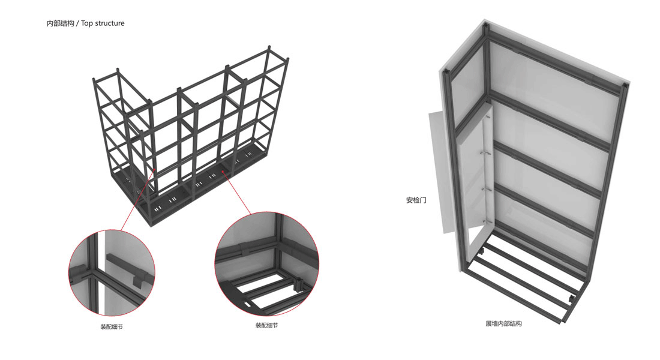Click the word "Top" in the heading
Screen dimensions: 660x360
coord(87,23)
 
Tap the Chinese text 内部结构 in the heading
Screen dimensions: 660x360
coord(60,23)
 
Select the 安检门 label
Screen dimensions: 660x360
coord(416,200)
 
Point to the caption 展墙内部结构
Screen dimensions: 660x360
coord(504,323)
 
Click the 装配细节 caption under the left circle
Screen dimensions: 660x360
coord(112,327)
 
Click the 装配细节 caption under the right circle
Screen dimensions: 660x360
coord(267,325)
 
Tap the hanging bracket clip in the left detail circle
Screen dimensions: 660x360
coord(140,281)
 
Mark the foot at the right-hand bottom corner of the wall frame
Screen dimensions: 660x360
coord(572,299)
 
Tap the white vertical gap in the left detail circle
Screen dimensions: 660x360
coord(101,272)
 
